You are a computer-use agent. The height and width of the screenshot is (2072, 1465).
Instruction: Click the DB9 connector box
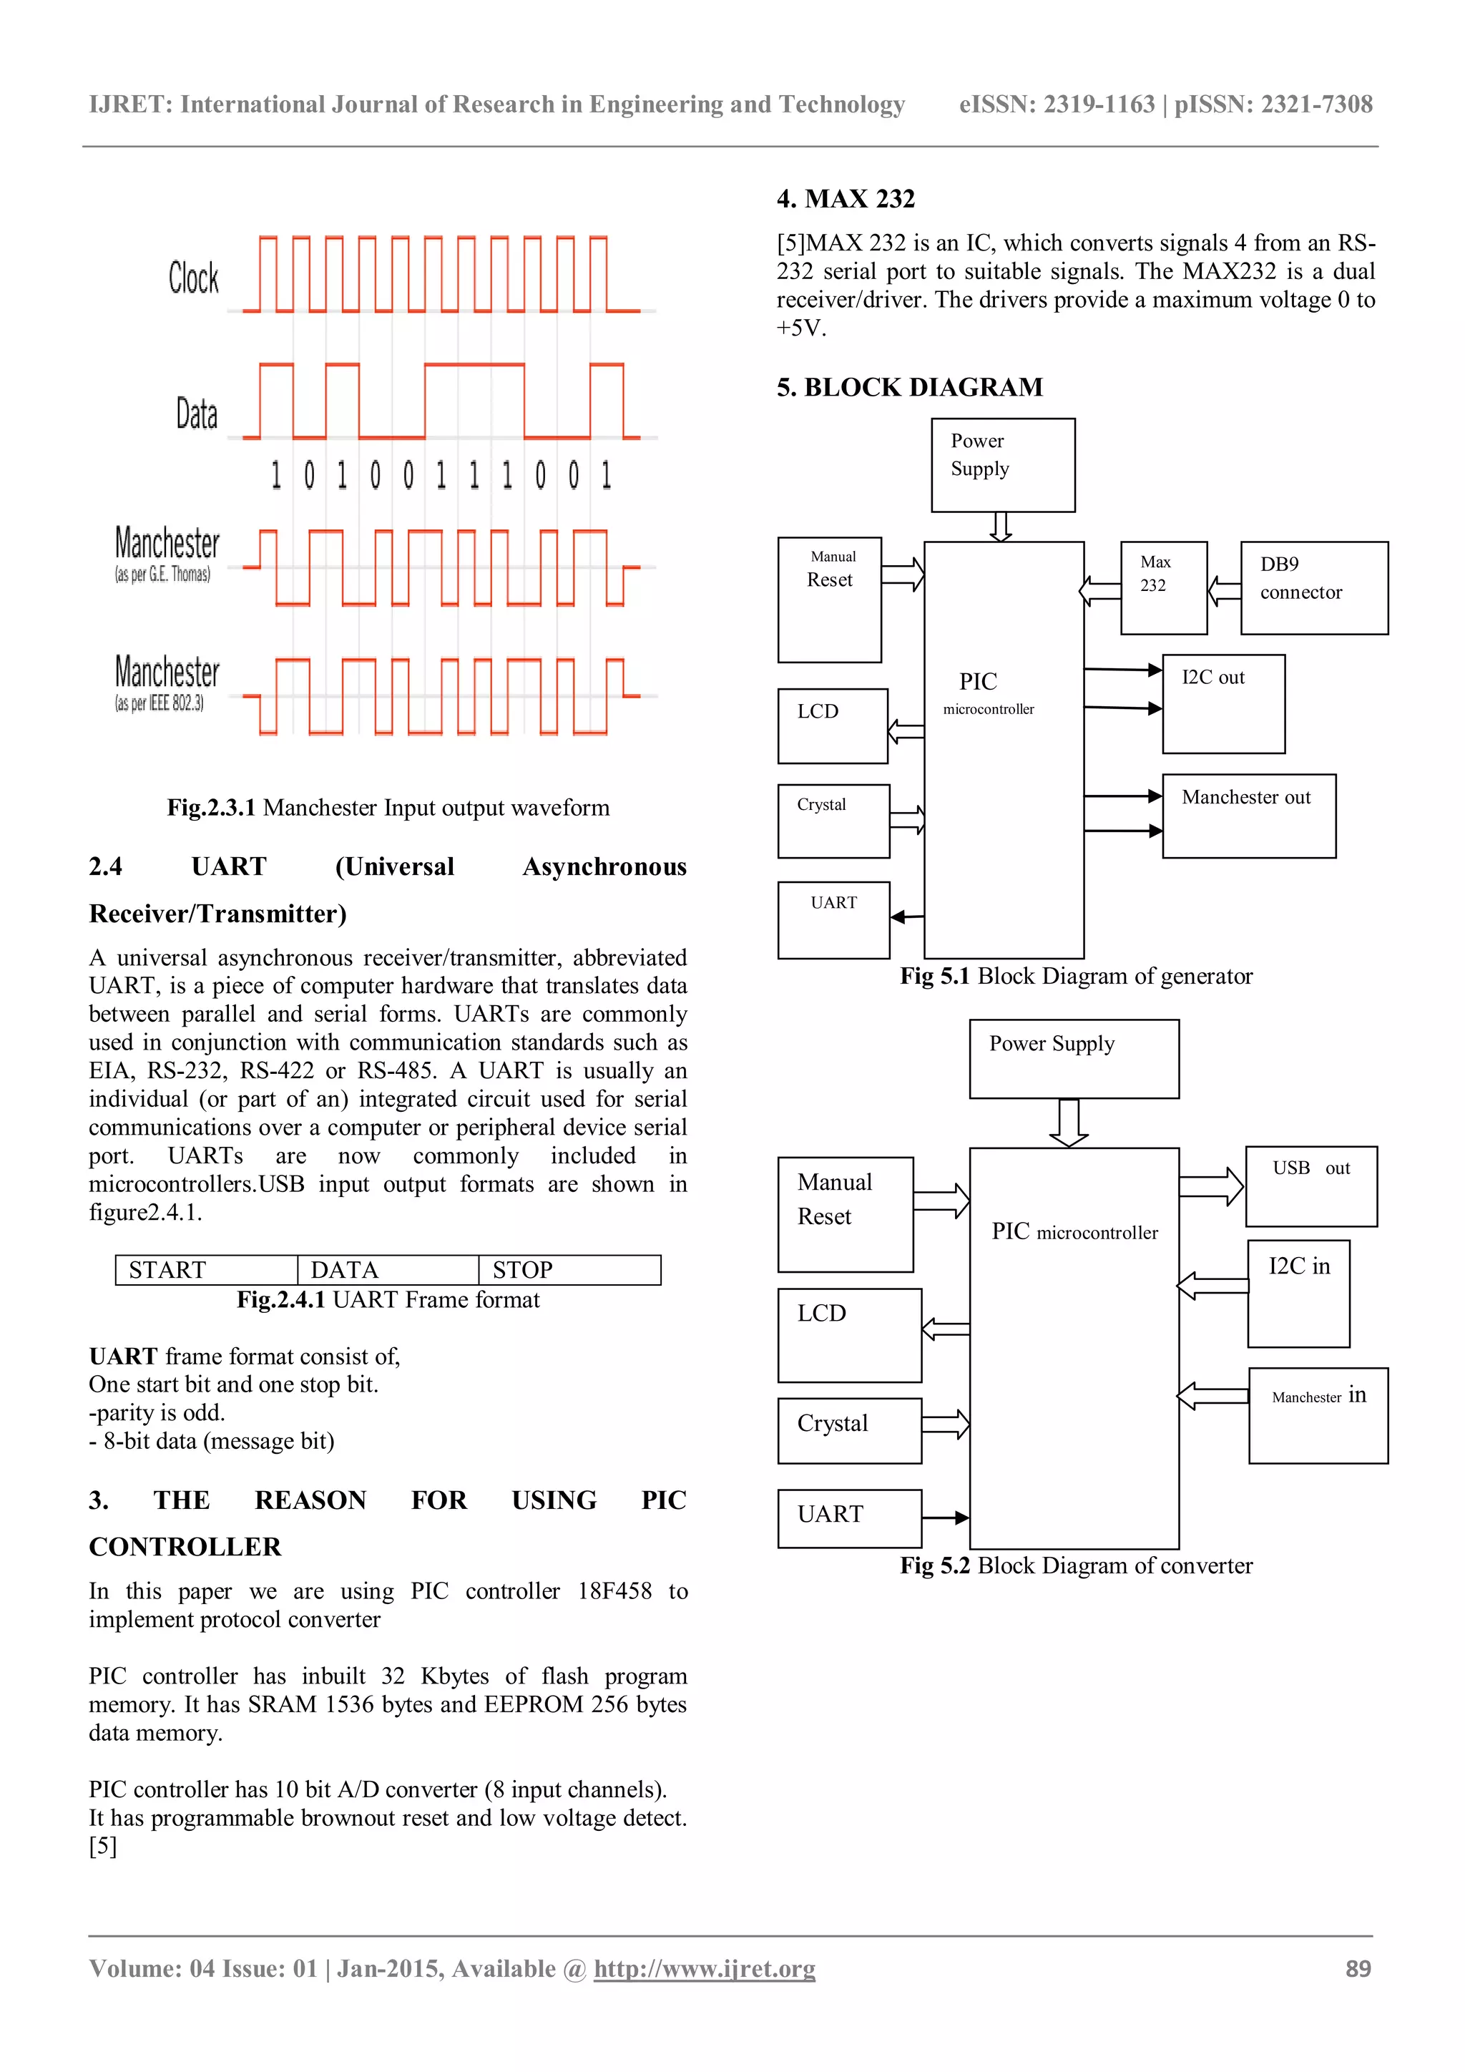pyautogui.click(x=1313, y=587)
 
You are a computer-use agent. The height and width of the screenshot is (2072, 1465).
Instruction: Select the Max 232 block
pyautogui.click(x=1163, y=587)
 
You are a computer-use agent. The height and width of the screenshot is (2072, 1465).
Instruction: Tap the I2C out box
pyautogui.click(x=1223, y=704)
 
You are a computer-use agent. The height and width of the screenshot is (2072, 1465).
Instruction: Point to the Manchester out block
pyautogui.click(x=1248, y=816)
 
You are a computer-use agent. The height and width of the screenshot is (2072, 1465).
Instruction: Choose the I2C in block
pyautogui.click(x=1298, y=1293)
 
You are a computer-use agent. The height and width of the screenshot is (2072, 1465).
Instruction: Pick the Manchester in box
pyautogui.click(x=1318, y=1415)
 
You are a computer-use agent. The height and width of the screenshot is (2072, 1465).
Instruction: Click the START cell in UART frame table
pyautogui.click(x=207, y=1270)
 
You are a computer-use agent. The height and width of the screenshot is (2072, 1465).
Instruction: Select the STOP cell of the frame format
pyautogui.click(x=569, y=1270)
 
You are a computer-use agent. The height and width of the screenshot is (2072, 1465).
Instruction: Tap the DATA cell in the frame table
pyautogui.click(x=388, y=1270)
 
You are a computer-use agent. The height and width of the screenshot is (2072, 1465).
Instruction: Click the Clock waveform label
pyautogui.click(x=193, y=278)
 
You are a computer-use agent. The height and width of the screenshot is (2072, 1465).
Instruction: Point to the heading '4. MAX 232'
pyautogui.click(x=846, y=198)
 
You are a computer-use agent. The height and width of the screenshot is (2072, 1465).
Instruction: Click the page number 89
pyautogui.click(x=1358, y=1968)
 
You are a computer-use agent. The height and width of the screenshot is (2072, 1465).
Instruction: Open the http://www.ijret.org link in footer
pyautogui.click(x=704, y=1968)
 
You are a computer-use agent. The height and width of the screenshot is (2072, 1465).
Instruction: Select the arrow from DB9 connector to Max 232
pyautogui.click(x=1224, y=592)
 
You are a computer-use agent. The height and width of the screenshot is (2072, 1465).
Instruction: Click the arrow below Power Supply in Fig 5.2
pyautogui.click(x=1069, y=1123)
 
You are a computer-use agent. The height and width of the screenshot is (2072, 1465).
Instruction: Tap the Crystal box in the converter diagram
pyautogui.click(x=849, y=1430)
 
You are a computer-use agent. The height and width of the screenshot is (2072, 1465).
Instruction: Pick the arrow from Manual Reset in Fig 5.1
pyautogui.click(x=903, y=574)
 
